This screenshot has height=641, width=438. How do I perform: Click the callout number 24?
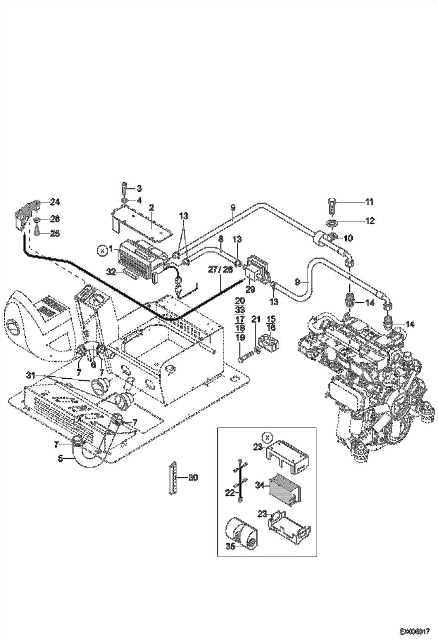pyautogui.click(x=55, y=202)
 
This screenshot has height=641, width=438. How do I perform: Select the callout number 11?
pyautogui.click(x=370, y=202)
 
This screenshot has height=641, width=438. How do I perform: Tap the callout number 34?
pyautogui.click(x=260, y=485)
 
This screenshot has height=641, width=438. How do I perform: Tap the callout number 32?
pyautogui.click(x=111, y=272)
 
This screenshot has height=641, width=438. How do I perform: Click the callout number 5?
pyautogui.click(x=60, y=458)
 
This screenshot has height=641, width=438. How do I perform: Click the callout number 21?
pyautogui.click(x=256, y=319)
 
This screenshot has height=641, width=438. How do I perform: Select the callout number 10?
pyautogui.click(x=348, y=238)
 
